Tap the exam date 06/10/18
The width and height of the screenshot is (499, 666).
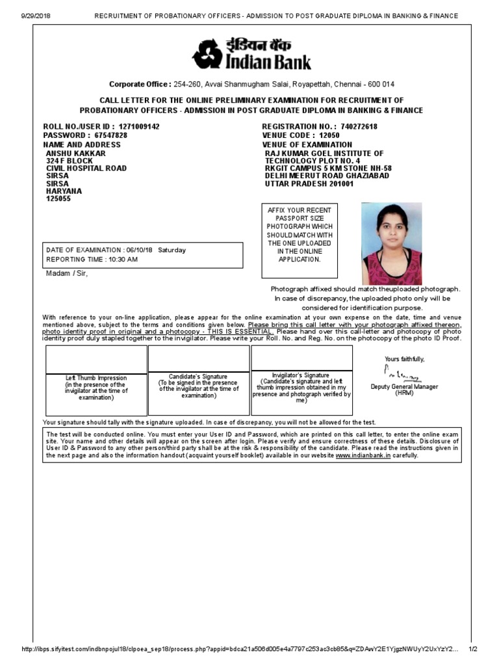[140, 250]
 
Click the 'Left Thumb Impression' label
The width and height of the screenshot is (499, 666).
[96, 378]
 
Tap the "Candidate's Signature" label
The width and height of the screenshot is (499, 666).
[198, 377]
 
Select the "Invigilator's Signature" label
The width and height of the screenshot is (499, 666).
[301, 375]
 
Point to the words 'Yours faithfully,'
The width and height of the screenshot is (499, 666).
[404, 359]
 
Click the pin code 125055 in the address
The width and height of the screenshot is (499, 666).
[58, 199]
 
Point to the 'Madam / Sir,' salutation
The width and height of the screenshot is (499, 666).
[66, 273]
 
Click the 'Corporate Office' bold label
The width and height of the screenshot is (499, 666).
[140, 85]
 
